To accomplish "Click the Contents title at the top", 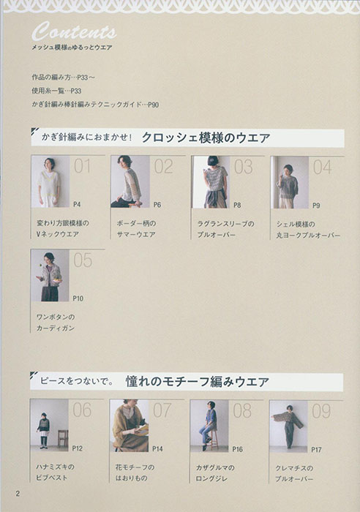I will point(73,32).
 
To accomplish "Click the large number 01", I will point(83,167).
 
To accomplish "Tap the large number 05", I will point(83,260).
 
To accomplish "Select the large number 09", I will point(321,410).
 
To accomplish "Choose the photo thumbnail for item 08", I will point(209,424).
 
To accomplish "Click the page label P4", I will point(77,206).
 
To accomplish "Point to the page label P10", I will point(78,298).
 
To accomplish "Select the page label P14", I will point(157,448).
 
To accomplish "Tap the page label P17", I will point(316,448).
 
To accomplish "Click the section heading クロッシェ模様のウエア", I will point(206,137).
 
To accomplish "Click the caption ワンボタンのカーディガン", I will point(56,323).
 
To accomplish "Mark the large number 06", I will point(82,410).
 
